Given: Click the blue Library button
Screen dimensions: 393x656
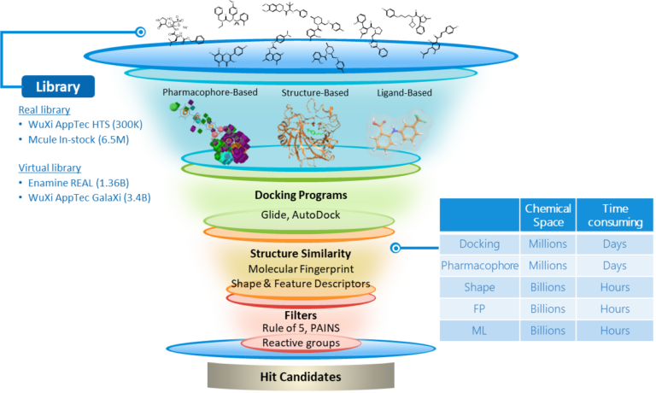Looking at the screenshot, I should pyautogui.click(x=58, y=86).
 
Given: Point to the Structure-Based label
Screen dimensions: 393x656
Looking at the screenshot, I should pyautogui.click(x=314, y=92).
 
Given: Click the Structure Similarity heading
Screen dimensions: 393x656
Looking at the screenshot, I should pyautogui.click(x=301, y=254).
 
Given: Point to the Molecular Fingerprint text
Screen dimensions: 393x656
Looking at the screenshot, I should pyautogui.click(x=301, y=269).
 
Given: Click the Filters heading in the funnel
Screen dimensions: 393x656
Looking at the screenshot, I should pyautogui.click(x=301, y=314).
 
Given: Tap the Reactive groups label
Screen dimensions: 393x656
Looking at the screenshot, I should pyautogui.click(x=301, y=343).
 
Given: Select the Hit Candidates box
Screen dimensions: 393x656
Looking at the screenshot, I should pyautogui.click(x=300, y=376).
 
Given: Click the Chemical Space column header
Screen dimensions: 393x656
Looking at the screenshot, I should pyautogui.click(x=548, y=215).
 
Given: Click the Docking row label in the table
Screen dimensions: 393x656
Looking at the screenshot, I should pyautogui.click(x=479, y=243).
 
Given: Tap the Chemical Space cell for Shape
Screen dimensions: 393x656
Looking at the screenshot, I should pyautogui.click(x=548, y=287).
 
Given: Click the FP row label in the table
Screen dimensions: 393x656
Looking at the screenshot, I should pyautogui.click(x=479, y=309).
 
